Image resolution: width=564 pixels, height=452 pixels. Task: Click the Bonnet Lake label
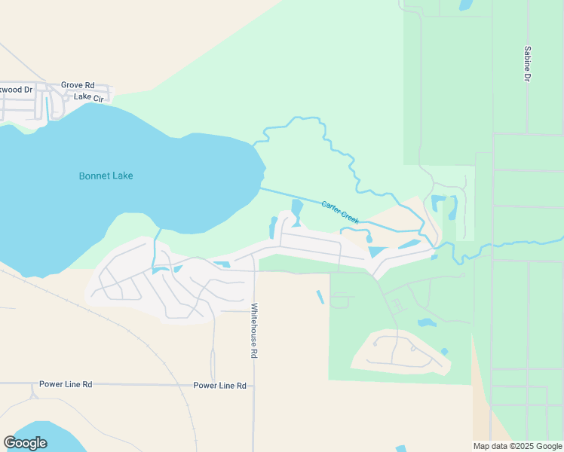(x=106, y=176)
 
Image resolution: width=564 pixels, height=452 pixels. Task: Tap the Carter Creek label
(x=340, y=211)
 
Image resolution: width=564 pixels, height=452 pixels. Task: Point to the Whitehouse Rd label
(x=254, y=329)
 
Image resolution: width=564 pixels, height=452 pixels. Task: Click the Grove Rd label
(x=78, y=85)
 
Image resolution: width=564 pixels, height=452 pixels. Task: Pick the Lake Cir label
(x=88, y=97)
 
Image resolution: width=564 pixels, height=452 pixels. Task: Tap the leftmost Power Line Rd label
(x=66, y=384)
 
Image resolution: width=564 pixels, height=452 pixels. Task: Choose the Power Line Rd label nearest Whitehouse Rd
(x=219, y=385)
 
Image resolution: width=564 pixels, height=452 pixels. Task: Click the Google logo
(x=25, y=443)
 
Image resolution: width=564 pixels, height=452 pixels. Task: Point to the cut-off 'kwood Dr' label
(x=16, y=89)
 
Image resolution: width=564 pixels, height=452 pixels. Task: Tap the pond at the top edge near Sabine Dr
(x=465, y=5)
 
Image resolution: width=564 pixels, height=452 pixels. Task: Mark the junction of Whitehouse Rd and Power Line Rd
(x=253, y=385)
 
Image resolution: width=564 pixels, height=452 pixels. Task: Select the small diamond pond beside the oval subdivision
(x=444, y=352)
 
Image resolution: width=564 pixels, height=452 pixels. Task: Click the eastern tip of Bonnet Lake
(x=264, y=167)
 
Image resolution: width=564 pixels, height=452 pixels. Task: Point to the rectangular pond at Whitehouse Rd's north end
(x=222, y=264)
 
